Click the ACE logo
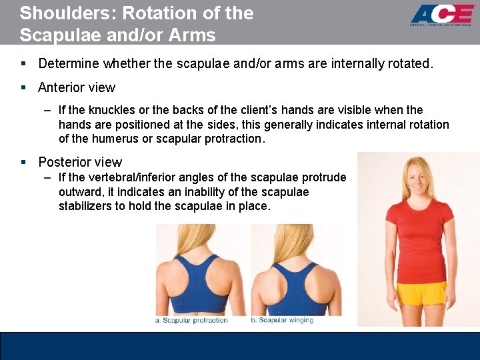(x=441, y=15)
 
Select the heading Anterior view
(x=77, y=87)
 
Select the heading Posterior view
(x=80, y=162)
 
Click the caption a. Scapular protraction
(x=192, y=321)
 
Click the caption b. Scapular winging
(x=283, y=321)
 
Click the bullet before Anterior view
(x=23, y=88)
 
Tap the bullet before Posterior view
(x=23, y=163)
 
